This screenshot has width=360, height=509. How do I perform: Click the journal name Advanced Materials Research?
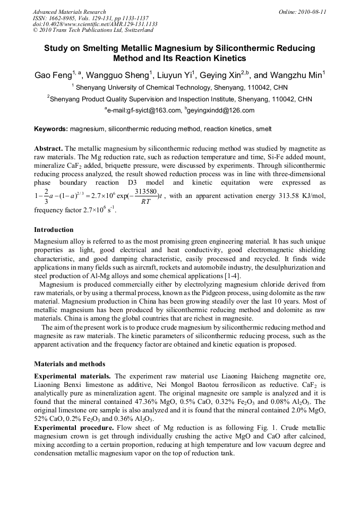pos(69,12)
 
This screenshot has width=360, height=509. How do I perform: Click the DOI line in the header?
pos(95,24)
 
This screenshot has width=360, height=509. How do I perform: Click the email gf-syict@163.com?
pos(143,110)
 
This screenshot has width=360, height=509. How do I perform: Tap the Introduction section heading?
pos(54,230)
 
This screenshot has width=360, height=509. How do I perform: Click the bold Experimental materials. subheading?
pos(73,376)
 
